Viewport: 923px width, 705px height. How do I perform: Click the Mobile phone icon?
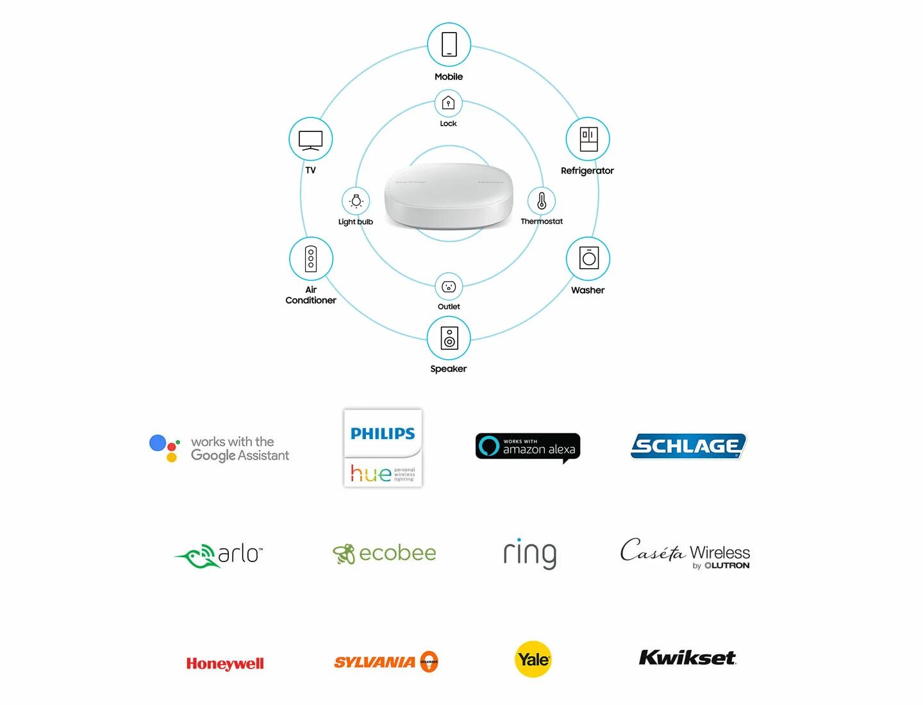point(449,45)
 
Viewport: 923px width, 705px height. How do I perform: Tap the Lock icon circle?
point(449,103)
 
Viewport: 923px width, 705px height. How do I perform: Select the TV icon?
point(311,139)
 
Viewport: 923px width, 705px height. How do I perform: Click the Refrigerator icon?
point(588,139)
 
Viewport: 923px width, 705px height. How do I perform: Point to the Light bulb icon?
point(356,201)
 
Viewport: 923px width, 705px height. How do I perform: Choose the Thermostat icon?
point(542,201)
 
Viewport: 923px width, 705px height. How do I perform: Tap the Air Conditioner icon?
point(311,259)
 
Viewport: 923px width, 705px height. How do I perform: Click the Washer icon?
point(588,259)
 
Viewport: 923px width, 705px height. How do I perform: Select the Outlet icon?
point(449,286)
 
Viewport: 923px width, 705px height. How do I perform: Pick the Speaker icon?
point(449,338)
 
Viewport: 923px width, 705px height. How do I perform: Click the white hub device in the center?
point(449,195)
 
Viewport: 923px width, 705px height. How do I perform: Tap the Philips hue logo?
point(383,448)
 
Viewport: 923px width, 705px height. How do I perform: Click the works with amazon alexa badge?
point(528,447)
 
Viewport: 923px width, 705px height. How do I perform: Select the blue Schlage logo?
point(688,446)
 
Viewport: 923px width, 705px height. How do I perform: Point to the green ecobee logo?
point(385,553)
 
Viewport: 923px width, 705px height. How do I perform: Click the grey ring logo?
point(530,554)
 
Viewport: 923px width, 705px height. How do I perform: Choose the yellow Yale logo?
point(533,659)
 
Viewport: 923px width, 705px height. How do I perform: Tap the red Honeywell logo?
point(225,663)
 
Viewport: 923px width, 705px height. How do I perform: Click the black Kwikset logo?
point(688,658)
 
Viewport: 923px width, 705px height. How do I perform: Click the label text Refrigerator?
point(587,170)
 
